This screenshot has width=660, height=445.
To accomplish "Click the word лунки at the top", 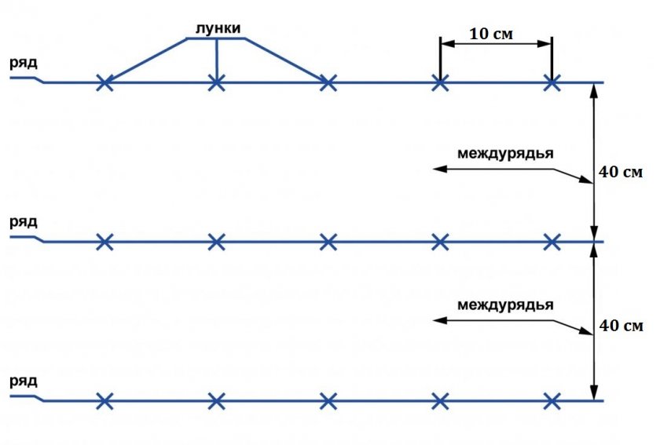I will point(216,29).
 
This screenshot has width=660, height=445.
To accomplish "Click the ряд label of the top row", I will point(23,62).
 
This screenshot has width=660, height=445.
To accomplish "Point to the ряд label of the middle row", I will point(23,222).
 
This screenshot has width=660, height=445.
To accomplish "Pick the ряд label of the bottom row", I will point(23,381).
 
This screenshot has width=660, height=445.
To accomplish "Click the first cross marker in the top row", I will point(104,82).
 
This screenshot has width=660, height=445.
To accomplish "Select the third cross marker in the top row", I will point(328,82).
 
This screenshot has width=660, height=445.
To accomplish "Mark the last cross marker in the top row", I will point(552,82).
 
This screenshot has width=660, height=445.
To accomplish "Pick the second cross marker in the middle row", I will point(216,242).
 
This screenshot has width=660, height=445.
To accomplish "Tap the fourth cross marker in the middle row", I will point(440,242).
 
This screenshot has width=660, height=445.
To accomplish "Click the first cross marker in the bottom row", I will point(104,401).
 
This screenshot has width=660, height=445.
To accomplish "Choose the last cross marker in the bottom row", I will point(552,401).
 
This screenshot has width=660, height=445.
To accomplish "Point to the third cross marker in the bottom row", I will point(328,401).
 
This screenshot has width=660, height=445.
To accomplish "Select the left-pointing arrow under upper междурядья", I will point(471,168).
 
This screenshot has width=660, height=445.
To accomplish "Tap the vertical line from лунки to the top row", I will point(216,59).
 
